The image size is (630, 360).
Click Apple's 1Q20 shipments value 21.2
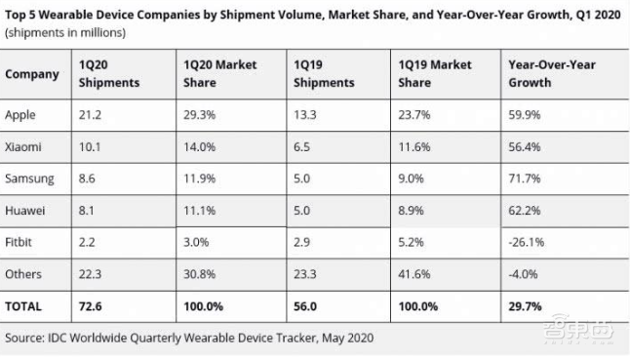pos(90,115)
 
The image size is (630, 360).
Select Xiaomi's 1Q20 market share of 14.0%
pos(200,147)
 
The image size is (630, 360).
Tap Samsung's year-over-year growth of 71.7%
pos(525,179)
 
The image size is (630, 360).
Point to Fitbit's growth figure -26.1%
pos(527,242)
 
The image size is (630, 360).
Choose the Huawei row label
pos(25,211)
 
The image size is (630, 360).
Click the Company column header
pos(32,74)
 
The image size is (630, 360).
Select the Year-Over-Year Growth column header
pos(552,73)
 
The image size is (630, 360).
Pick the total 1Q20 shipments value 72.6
pos(91,306)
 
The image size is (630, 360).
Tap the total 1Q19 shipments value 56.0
pos(305,306)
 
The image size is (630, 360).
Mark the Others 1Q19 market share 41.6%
pos(414,274)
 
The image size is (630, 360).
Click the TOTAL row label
pos(23,306)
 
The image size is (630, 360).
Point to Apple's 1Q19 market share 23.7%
pos(414,115)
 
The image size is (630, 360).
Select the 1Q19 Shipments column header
pos(324,73)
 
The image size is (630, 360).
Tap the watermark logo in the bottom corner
pos(578,330)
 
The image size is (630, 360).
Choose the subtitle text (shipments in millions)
pos(65,32)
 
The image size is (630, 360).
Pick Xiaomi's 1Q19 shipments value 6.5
pos(301,147)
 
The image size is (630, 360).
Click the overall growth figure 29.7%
pos(525,306)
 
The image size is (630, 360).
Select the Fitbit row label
pos(19,242)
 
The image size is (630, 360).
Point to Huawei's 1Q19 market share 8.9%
pos(411,211)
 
